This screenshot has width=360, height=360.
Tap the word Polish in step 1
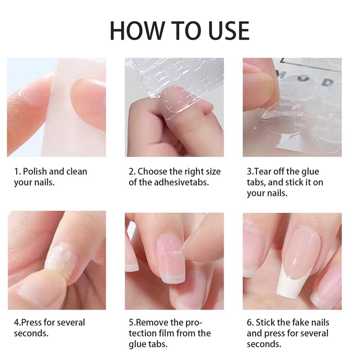(35, 172)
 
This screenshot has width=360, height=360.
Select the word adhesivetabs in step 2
(181, 182)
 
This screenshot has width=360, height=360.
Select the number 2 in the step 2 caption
(131, 172)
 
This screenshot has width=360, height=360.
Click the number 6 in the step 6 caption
(249, 323)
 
